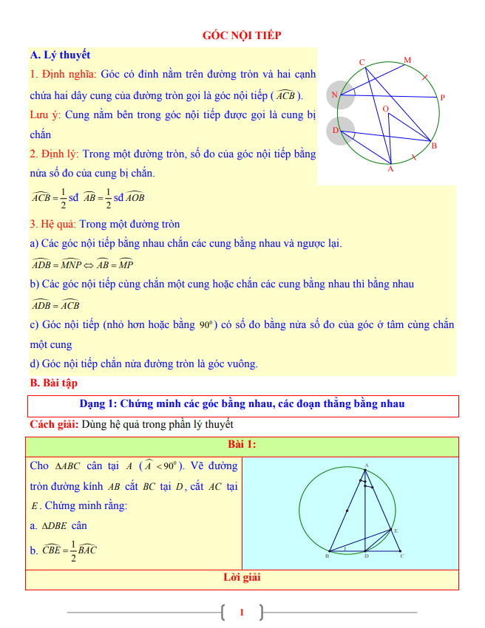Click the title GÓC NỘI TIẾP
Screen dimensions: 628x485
(242, 35)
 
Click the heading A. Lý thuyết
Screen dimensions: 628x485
(60, 55)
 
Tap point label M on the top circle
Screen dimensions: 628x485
(407, 60)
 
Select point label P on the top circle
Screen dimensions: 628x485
(441, 98)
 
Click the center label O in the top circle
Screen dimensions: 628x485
(385, 109)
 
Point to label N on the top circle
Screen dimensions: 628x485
(334, 95)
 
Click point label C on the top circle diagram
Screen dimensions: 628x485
(362, 62)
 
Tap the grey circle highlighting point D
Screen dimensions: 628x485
(342, 131)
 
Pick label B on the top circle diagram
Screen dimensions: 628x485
(434, 146)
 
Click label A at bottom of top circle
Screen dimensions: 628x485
(390, 170)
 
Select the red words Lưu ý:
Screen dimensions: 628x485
(46, 115)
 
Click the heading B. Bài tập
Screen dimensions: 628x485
(54, 383)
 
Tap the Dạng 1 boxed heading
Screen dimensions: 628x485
(242, 404)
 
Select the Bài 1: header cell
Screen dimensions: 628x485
(242, 445)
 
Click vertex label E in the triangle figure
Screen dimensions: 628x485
(396, 530)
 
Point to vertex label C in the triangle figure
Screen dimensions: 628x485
(401, 556)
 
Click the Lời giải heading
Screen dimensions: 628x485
(242, 577)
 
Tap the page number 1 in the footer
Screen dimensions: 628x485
(242, 612)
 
